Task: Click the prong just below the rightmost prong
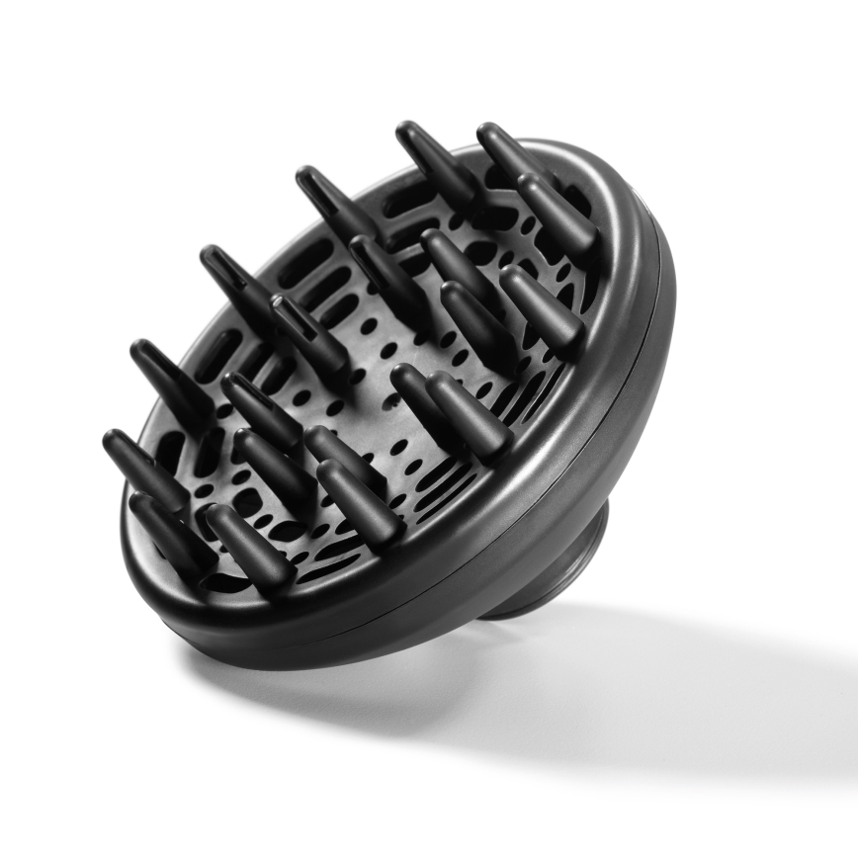click(x=541, y=306)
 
